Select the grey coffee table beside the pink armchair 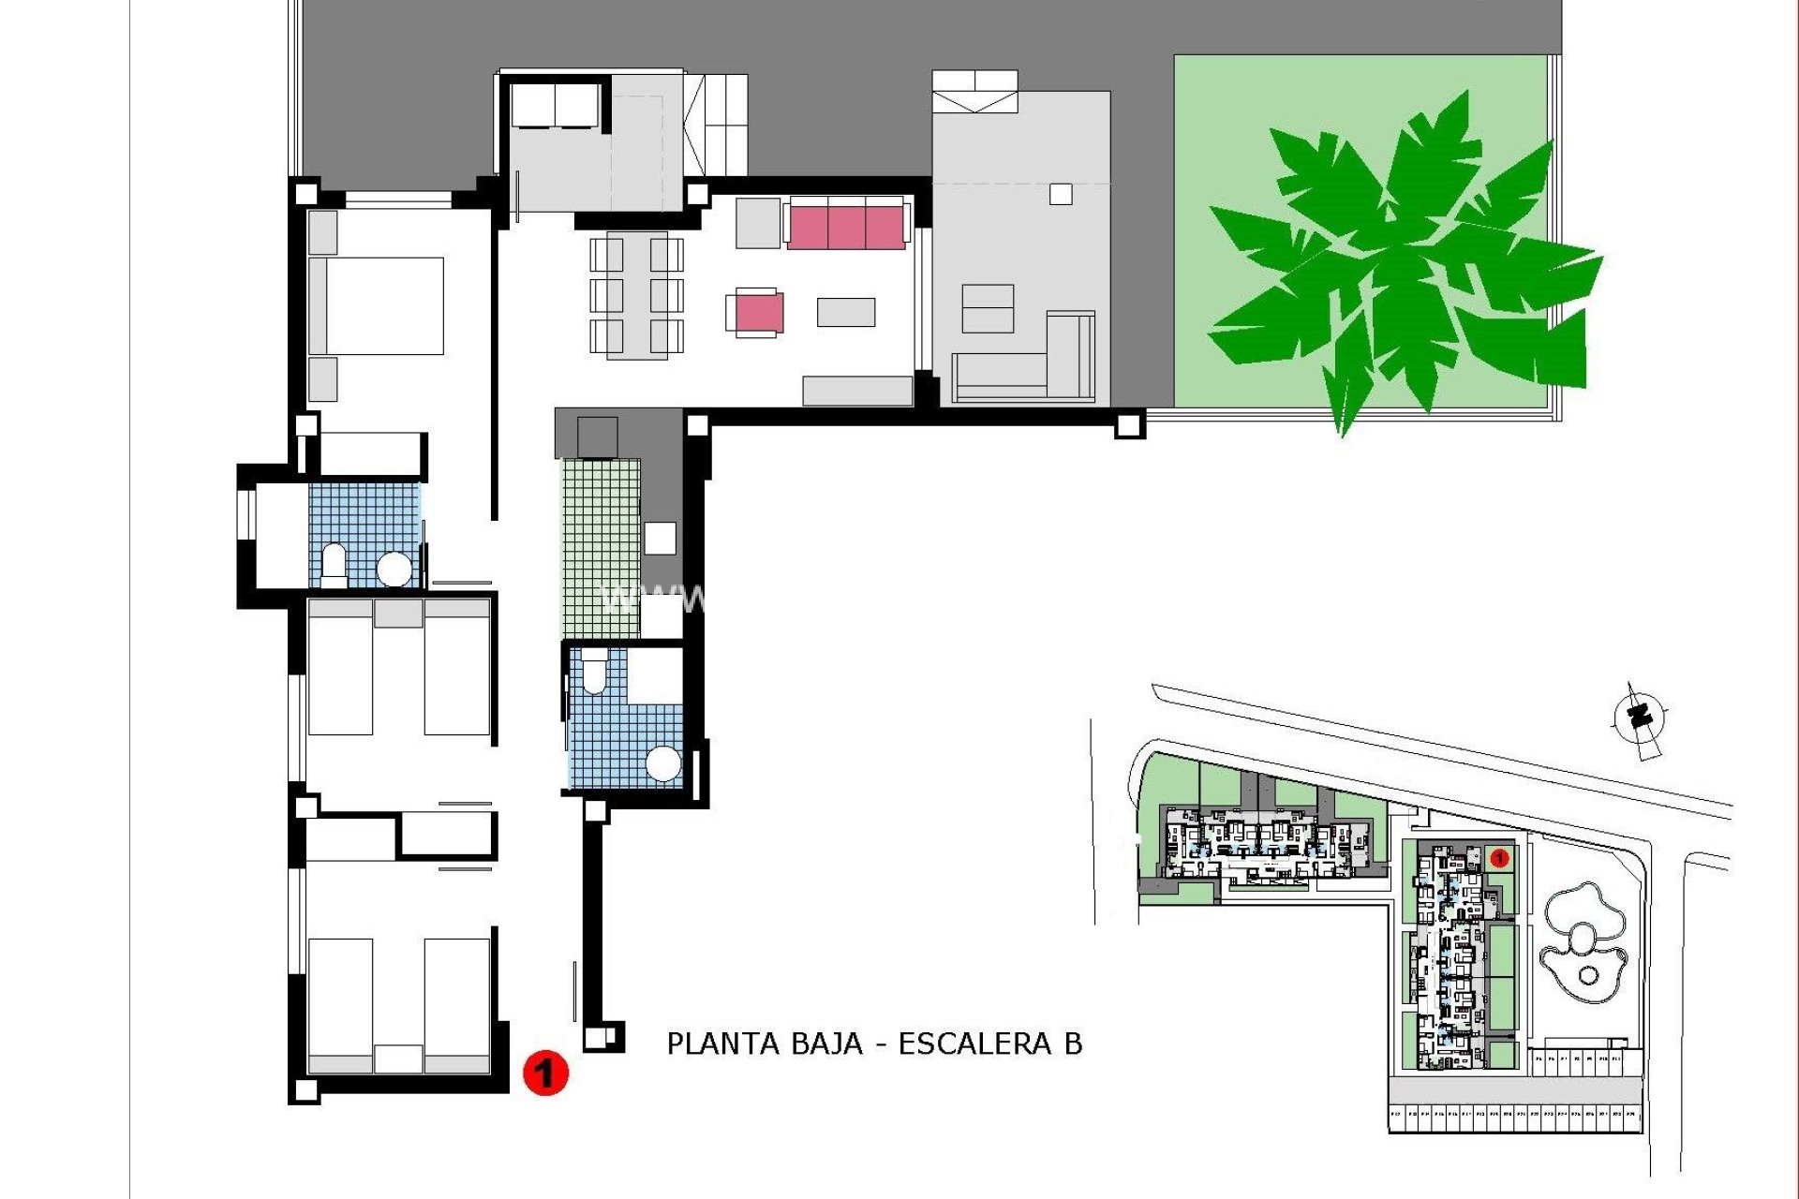click(845, 312)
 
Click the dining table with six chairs click(636, 294)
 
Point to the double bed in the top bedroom click(376, 305)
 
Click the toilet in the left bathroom click(334, 564)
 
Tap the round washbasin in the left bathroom click(394, 568)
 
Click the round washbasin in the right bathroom click(663, 763)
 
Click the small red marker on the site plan click(1497, 857)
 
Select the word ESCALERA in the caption click(974, 1044)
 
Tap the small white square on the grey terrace click(1061, 194)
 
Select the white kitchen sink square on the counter click(661, 538)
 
